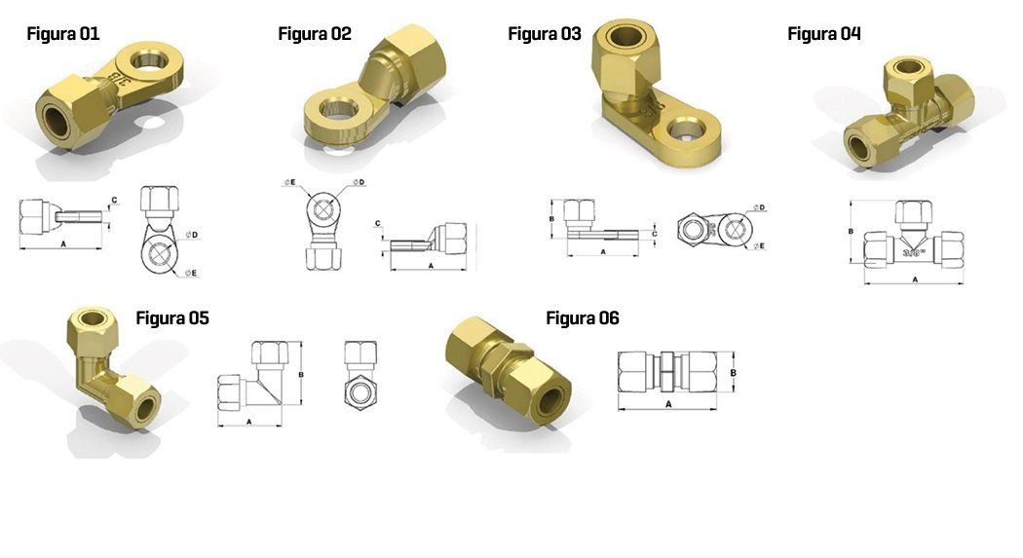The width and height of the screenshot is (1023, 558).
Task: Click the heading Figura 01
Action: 63,34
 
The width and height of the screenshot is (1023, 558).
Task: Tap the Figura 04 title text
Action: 824,34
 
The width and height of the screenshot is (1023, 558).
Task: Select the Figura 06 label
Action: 583,318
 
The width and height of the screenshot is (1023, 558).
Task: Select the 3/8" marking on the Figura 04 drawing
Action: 914,252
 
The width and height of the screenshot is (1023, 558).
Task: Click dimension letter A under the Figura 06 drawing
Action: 668,404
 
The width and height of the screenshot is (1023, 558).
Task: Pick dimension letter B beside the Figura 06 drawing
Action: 734,373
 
